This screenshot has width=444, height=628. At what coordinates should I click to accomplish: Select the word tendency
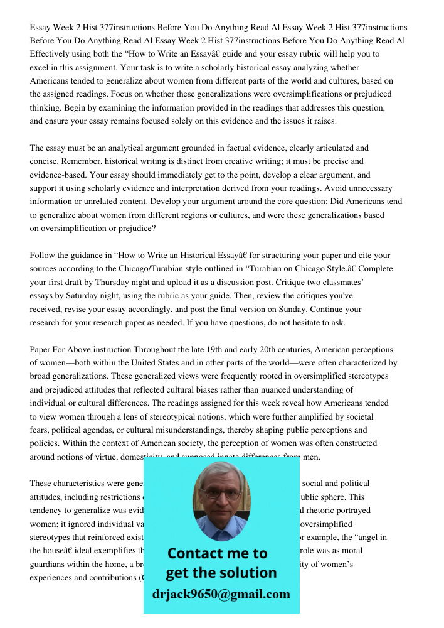[x=47, y=510]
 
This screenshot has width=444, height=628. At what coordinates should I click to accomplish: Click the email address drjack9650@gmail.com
[x=221, y=594]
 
